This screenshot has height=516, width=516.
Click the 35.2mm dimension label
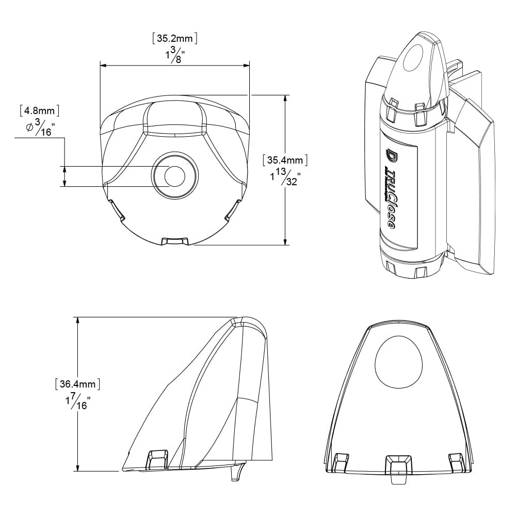tap(175, 38)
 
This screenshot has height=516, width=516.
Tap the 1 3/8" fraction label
tap(174, 54)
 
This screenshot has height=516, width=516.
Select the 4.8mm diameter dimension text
tap(39, 110)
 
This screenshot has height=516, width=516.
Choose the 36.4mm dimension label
tap(77, 384)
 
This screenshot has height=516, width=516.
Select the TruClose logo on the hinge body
tap(390, 190)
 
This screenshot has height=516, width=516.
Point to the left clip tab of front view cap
tap(341, 461)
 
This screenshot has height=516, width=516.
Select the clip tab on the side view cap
tap(157, 458)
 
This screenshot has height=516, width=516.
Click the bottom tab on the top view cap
tap(174, 241)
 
